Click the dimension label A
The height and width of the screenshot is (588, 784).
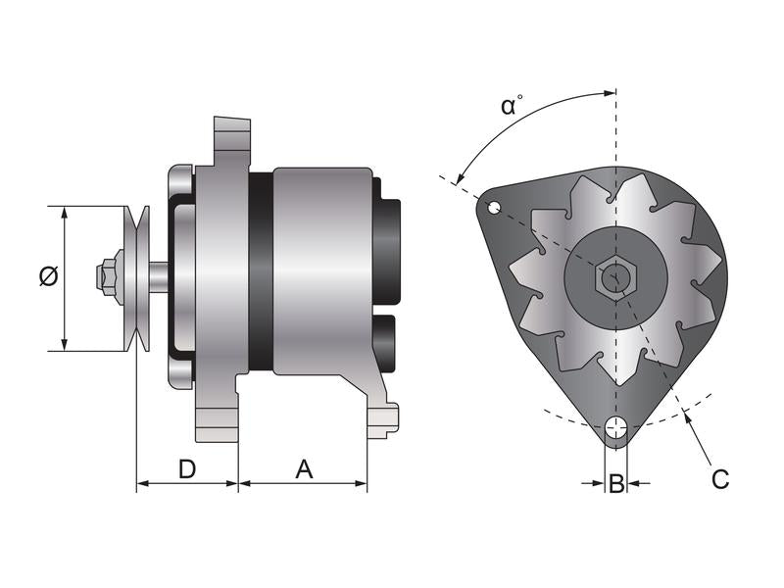304,469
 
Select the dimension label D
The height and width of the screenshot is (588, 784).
186,469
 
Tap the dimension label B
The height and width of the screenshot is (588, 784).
615,483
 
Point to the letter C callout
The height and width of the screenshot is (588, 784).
719,479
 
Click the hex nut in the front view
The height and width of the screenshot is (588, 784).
614,278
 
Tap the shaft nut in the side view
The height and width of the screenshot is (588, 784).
108,275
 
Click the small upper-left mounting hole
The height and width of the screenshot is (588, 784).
495,207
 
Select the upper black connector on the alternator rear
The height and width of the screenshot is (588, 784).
388,250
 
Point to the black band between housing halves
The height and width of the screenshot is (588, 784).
261,271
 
